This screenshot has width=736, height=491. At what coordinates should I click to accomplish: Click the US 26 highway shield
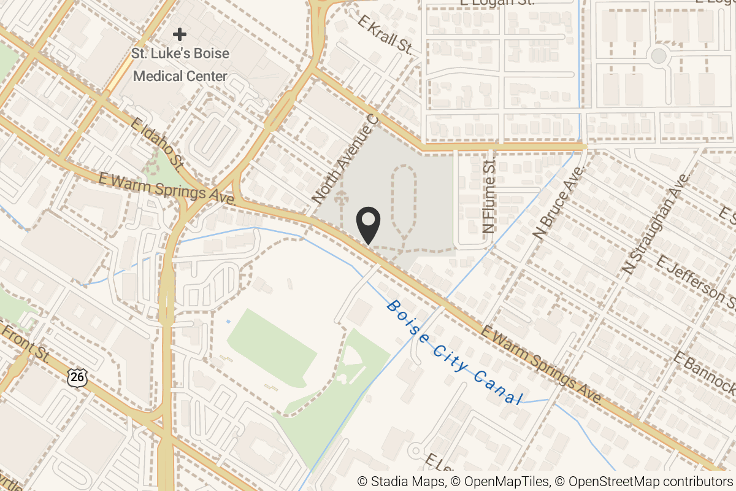click(x=77, y=376)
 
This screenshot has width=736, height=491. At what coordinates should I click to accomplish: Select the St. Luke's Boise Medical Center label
click(x=180, y=65)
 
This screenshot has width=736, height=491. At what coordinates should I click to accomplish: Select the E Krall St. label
click(x=385, y=36)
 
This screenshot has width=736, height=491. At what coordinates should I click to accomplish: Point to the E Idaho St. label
click(x=157, y=144)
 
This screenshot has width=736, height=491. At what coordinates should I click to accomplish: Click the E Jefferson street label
click(x=696, y=282)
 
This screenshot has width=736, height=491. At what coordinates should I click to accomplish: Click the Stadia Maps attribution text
click(x=401, y=482)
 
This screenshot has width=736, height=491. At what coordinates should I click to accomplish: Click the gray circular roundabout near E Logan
click(x=658, y=56)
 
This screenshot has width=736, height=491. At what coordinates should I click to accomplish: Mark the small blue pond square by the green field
click(x=228, y=321)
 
